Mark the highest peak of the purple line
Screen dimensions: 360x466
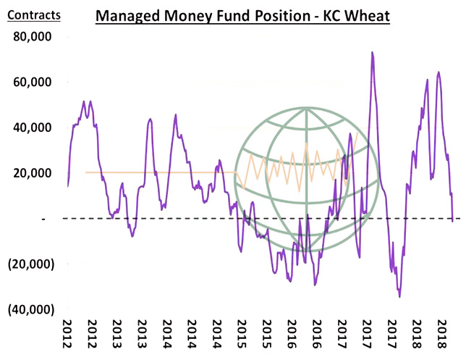pos(372,52)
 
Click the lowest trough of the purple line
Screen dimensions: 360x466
pos(399,296)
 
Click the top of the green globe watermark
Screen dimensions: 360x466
pos(307,108)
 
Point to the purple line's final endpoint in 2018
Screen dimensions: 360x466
pos(453,221)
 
